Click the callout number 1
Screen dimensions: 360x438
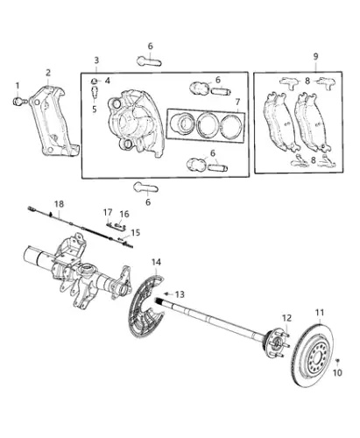click(x=18, y=86)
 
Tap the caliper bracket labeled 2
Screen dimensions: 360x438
click(x=54, y=121)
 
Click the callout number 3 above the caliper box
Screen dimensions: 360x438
click(x=96, y=60)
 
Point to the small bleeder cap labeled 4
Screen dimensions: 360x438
click(x=95, y=81)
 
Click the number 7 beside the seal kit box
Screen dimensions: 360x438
click(x=237, y=102)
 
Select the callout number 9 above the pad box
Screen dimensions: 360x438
click(x=315, y=56)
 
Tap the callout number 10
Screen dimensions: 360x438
click(x=337, y=373)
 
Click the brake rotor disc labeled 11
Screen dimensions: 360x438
click(x=312, y=355)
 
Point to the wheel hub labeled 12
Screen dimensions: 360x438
click(x=275, y=343)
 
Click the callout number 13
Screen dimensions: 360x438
click(x=180, y=294)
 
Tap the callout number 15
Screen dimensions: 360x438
click(x=135, y=233)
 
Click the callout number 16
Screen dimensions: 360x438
click(x=124, y=214)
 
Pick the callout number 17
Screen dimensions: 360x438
click(x=108, y=212)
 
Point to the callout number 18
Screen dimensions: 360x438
click(x=59, y=204)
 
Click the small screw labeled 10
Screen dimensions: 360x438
click(x=337, y=361)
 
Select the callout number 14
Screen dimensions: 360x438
click(x=156, y=262)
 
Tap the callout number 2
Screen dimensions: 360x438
click(x=48, y=73)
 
